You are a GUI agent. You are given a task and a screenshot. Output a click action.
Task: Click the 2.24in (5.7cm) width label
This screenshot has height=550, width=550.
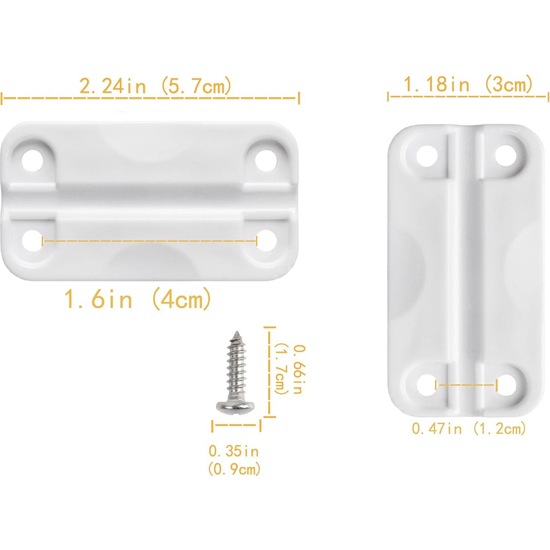pos(155,86)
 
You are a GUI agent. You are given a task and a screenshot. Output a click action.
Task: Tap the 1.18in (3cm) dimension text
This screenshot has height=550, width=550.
pos(468,84)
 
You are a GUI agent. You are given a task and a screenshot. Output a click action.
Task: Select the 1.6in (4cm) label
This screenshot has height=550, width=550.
pos(138,299)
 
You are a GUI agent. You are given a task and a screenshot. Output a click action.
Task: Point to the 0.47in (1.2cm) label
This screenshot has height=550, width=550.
pos(469,428)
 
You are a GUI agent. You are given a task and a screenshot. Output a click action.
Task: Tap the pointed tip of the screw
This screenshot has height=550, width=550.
pos(236,334)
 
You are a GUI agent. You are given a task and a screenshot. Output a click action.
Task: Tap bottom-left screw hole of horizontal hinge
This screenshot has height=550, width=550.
pos(32,241)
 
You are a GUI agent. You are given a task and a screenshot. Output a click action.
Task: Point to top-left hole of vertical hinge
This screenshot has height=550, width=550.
pos(427,156)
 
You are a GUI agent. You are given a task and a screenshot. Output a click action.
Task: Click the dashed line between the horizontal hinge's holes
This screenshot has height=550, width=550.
pos(149,241)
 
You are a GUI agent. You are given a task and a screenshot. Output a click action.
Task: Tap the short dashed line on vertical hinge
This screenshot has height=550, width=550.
pos(466,385)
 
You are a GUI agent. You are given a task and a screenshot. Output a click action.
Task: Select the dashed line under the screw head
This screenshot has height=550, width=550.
pos(236,426)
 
